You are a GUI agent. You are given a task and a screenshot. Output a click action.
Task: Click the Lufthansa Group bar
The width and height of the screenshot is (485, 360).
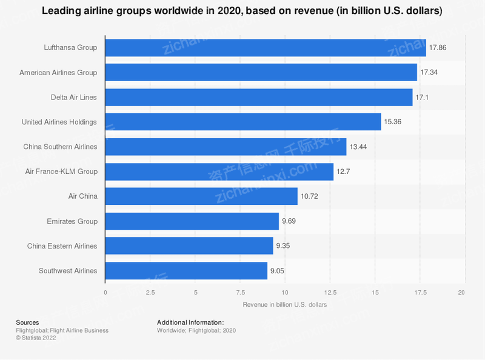pos(266,47)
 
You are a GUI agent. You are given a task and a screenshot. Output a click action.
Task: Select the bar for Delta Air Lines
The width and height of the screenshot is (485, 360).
pos(259,97)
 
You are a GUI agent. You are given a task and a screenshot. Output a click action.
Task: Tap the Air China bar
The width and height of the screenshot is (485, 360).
pos(201,196)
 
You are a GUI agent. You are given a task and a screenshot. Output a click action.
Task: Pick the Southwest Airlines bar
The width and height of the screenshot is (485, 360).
pos(186,271)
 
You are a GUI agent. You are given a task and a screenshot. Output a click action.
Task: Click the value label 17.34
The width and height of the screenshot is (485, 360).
pos(430,73)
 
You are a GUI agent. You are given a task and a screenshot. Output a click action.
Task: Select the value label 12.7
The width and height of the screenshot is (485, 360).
pos(344,172)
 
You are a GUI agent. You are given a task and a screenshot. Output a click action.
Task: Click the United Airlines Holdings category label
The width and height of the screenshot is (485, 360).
pos(59,122)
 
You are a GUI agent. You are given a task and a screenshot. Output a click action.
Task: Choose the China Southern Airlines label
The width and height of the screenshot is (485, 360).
pos(60,147)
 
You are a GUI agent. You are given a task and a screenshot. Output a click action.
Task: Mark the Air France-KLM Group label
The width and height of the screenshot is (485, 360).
pos(62,172)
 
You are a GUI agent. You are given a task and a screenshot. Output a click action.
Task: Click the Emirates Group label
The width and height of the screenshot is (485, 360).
pos(72,221)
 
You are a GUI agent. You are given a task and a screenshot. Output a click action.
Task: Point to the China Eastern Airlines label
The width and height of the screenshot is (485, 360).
pos(62,246)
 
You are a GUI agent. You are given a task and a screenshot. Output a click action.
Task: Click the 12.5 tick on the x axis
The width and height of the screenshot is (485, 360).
pos(330,292)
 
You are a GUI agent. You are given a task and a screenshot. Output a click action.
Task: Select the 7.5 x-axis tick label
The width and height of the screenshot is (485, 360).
pos(240,292)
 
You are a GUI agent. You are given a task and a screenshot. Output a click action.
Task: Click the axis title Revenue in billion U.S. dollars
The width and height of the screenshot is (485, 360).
pos(285,305)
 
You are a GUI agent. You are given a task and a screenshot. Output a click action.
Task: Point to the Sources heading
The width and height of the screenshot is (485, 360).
pos(27,322)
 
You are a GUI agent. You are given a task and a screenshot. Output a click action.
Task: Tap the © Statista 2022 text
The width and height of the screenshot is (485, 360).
pos(37,338)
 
